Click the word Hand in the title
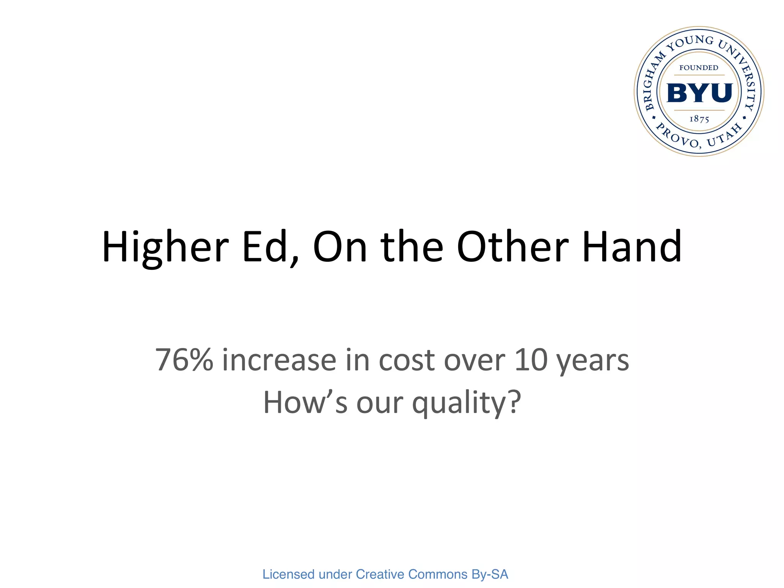pyautogui.click(x=632, y=247)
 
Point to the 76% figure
pyautogui.click(x=184, y=360)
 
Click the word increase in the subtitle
pyautogui.click(x=279, y=360)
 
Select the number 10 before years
pyautogui.click(x=531, y=360)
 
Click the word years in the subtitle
pyautogui.click(x=593, y=362)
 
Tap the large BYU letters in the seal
pyautogui.click(x=699, y=93)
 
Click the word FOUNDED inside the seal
pyautogui.click(x=699, y=68)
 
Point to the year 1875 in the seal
pyautogui.click(x=699, y=119)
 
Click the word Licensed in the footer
pyautogui.click(x=288, y=574)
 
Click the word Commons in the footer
pyautogui.click(x=438, y=574)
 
